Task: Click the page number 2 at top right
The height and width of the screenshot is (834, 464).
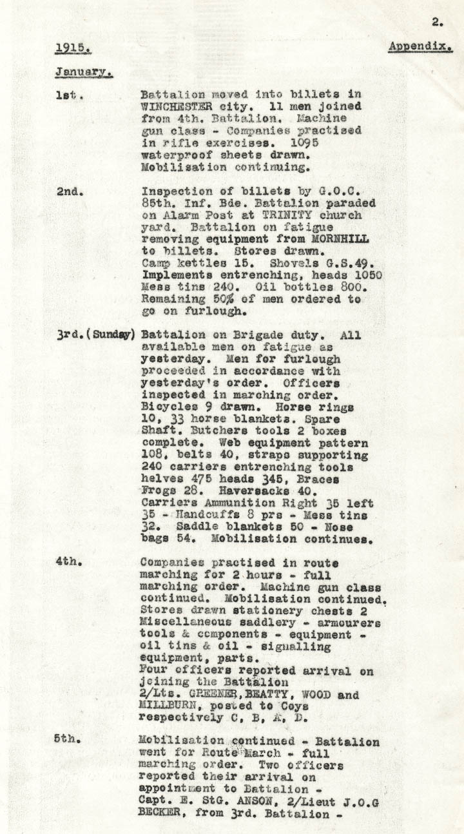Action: coord(437,22)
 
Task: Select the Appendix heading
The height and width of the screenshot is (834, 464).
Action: coord(420,47)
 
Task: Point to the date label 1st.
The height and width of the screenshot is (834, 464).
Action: coord(68,95)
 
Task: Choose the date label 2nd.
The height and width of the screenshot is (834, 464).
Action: coord(68,191)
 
